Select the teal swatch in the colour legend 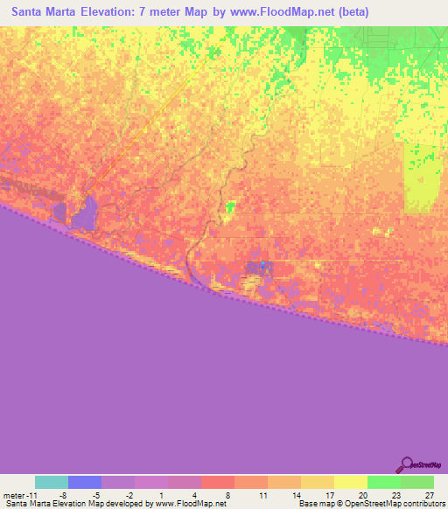click(52, 482)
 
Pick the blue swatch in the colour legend click(85, 482)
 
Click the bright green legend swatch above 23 click(384, 482)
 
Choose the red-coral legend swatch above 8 click(218, 482)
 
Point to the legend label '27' click(429, 495)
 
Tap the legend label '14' click(297, 495)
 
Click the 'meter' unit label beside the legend click(15, 495)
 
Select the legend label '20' click(363, 495)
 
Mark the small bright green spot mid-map click(230, 207)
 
